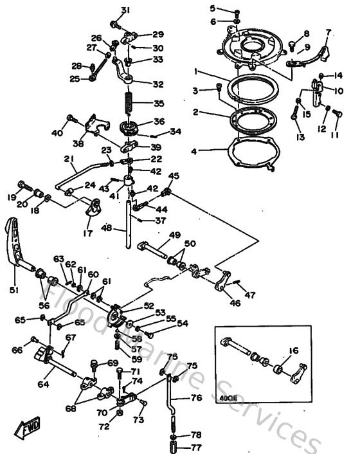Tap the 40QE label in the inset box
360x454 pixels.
(228, 397)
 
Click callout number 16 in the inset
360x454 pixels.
(295, 350)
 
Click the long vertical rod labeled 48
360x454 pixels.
(130, 225)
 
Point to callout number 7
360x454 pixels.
(328, 32)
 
